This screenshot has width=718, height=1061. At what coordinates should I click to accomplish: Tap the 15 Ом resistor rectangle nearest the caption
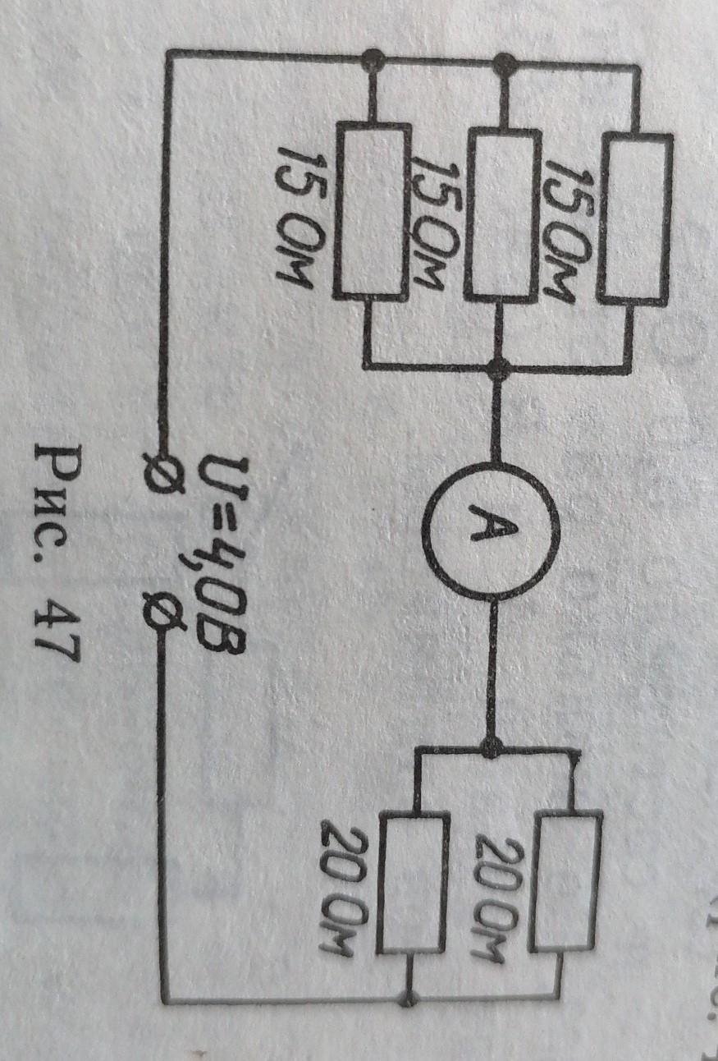(x=372, y=211)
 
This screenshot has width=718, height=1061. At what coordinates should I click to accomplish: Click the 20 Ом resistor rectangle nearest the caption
(x=413, y=883)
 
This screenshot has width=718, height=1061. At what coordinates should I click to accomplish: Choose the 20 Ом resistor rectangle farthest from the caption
(x=566, y=879)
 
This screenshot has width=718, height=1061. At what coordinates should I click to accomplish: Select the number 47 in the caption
(x=57, y=627)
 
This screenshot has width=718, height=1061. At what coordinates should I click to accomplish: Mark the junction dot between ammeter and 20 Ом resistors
(x=492, y=748)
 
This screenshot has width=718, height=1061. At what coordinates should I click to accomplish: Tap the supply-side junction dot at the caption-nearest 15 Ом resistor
(x=373, y=57)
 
